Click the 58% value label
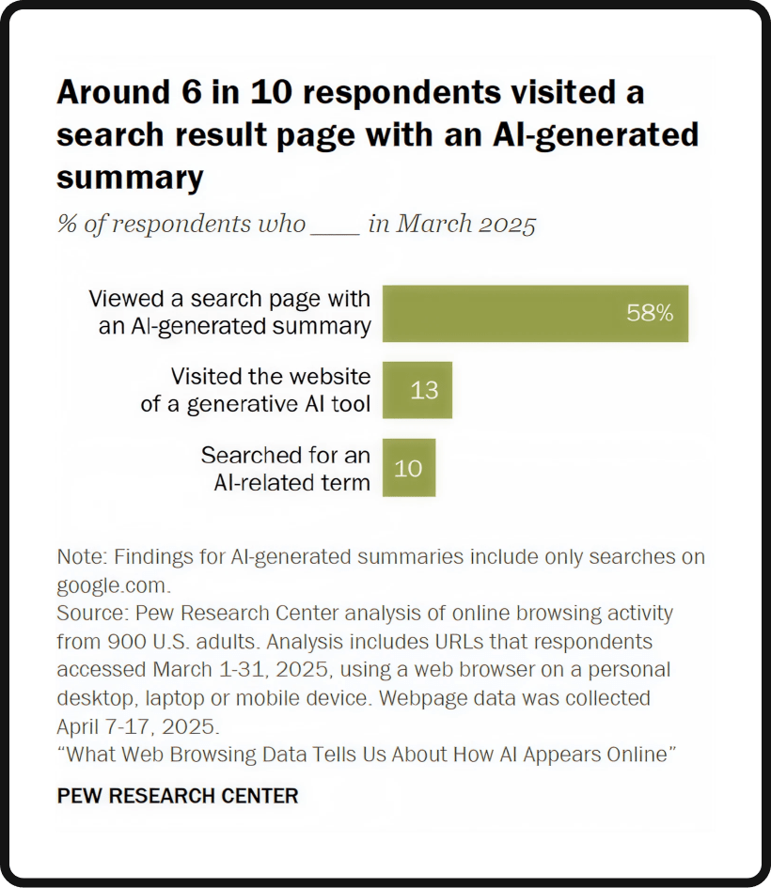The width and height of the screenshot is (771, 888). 650,314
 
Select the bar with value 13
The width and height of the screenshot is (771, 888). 417,390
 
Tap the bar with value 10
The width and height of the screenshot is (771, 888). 408,467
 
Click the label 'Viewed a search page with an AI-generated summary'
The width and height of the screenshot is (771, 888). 229,313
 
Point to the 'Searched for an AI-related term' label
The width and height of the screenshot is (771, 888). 285,468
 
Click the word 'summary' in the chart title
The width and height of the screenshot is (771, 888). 130,177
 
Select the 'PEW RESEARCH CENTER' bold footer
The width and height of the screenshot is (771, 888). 178,796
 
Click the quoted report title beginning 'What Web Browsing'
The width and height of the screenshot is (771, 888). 367,756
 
